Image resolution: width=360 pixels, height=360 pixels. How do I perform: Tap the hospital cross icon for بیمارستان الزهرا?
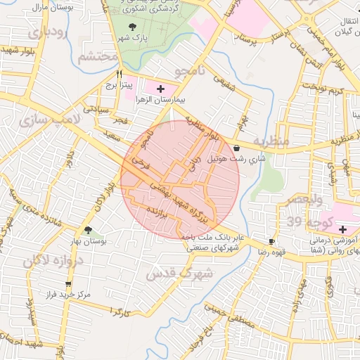(161, 89)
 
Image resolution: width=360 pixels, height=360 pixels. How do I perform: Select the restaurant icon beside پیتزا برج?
(120, 74)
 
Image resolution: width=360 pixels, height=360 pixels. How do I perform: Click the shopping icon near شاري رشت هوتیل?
(235, 148)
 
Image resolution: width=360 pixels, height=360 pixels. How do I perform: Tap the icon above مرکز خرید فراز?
(68, 285)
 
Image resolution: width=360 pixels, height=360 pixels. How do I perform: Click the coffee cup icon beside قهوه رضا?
(272, 241)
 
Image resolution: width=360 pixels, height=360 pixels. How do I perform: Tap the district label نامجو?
(191, 70)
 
